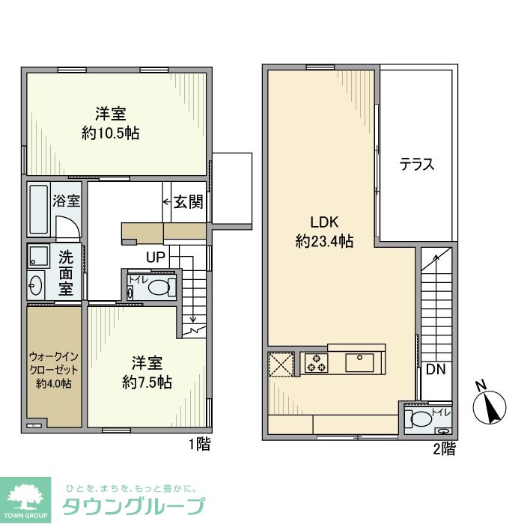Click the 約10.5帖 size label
(x=110, y=133)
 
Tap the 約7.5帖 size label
(x=147, y=382)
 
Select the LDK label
(x=326, y=222)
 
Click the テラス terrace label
(x=417, y=165)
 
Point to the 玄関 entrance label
(x=189, y=202)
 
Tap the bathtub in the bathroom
(x=38, y=210)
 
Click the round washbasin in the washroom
(x=36, y=284)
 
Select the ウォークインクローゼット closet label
(x=54, y=369)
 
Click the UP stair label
(x=156, y=257)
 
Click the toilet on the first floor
(x=158, y=287)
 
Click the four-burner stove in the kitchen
(x=314, y=363)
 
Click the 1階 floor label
(x=199, y=445)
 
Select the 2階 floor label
(x=444, y=449)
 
